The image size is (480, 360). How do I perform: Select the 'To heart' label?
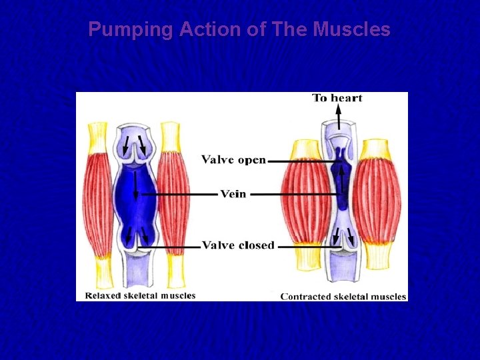[337, 98]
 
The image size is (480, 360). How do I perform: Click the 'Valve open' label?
[234, 160]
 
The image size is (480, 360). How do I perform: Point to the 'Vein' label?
[233, 194]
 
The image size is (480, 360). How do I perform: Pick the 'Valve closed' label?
[238, 245]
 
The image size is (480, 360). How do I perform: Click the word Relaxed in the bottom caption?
[103, 295]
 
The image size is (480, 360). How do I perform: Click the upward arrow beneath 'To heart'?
[338, 119]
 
